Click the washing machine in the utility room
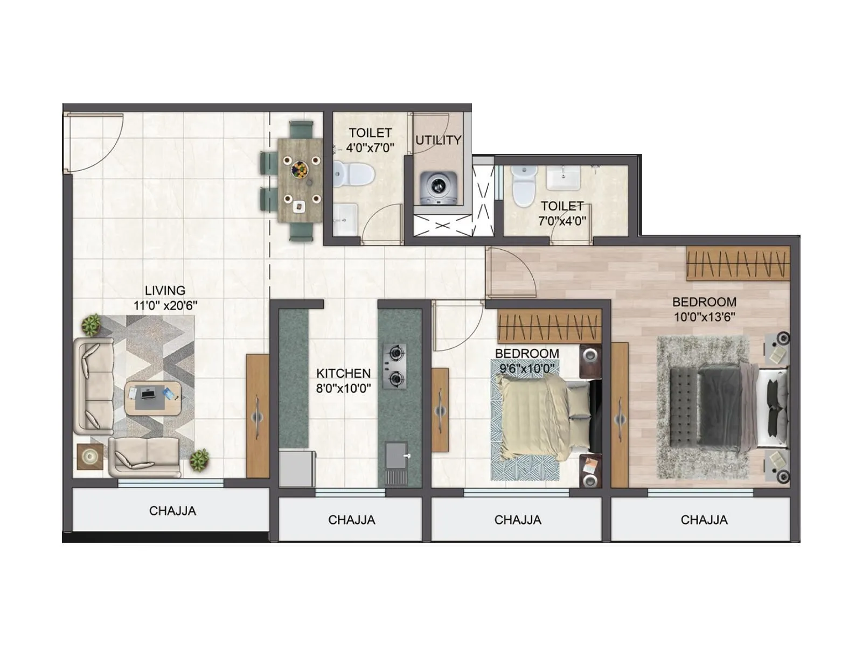pos(439,188)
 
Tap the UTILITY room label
pos(438,141)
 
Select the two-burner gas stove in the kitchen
pos(395,366)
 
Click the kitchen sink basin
pos(396,455)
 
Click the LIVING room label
pos(165,291)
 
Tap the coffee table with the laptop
pos(152,398)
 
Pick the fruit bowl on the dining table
pos(300,169)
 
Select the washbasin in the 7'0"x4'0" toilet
pos(564,178)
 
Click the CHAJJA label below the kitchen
pos(351,520)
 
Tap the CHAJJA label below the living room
pos(172,511)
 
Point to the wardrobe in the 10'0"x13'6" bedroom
pos(738,263)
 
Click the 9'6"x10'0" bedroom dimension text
pos(526,369)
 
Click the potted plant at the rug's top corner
pos(91,325)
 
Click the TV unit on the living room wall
pos(258,416)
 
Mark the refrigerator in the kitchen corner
pos(296,468)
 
